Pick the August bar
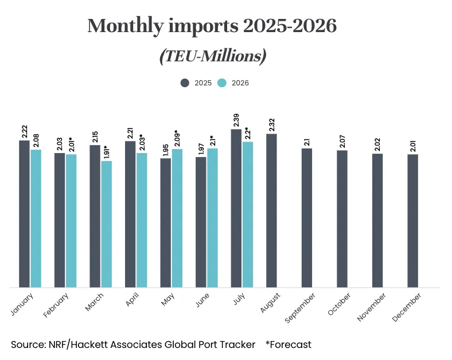[x=271, y=210]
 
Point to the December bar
[x=413, y=221]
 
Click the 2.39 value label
[x=236, y=120]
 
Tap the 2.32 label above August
[x=271, y=124]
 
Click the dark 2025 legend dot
[x=185, y=83]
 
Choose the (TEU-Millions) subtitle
[x=212, y=56]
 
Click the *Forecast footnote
[x=289, y=345]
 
